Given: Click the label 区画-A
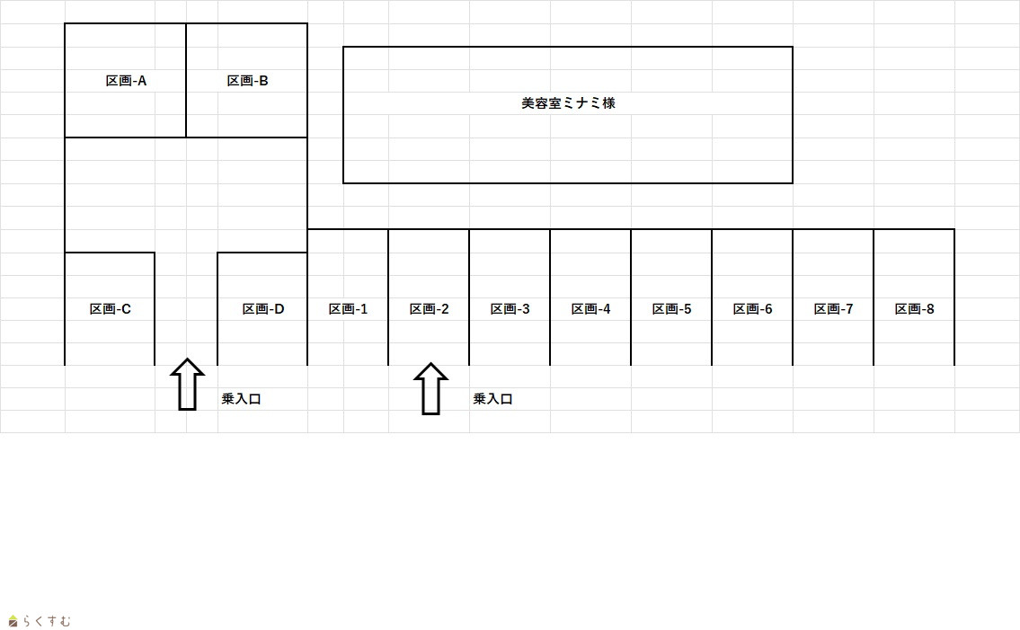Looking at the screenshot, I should (126, 81).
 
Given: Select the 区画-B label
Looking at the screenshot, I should (247, 81).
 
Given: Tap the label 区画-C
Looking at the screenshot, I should (110, 309).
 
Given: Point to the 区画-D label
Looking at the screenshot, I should (262, 309).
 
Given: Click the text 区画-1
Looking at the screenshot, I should (348, 309).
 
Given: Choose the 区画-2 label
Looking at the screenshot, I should (429, 309).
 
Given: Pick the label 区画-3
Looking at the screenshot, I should (510, 309).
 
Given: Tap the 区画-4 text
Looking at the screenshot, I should (590, 309).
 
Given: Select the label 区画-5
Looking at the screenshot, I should (671, 309).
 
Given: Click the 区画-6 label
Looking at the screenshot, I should (752, 309).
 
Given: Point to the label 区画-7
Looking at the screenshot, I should (833, 309).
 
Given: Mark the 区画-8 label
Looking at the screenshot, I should (914, 309).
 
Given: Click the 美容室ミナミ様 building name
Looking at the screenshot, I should (568, 103).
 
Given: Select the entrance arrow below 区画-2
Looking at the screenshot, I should (430, 389).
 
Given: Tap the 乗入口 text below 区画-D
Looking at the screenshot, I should (241, 399).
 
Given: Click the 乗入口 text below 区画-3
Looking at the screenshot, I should (492, 399).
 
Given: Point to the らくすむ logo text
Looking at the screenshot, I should (46, 621).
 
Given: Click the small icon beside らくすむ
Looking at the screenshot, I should (13, 621).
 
